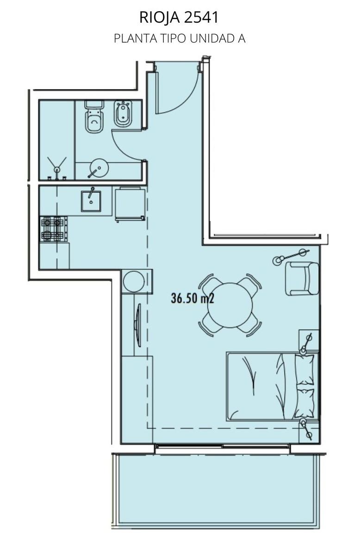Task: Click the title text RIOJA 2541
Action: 179,18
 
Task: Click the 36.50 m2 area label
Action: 192,298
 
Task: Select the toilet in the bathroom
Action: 94,117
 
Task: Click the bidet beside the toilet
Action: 123,113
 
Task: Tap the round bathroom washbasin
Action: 99,168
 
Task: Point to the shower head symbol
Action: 57,167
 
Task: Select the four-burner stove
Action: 54,229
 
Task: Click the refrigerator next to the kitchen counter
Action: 130,204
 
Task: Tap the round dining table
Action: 230,305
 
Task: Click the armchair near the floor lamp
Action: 302,278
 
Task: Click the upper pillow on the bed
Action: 304,370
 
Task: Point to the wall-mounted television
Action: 137,325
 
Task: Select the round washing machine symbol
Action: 134,282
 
